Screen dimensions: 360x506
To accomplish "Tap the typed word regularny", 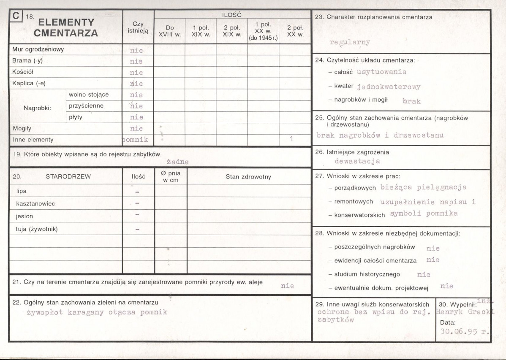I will coord(349,42).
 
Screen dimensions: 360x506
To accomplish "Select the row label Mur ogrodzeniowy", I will coord(38,49).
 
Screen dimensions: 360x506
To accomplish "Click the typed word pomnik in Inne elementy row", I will coord(135,139).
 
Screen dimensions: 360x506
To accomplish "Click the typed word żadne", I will coord(177,162).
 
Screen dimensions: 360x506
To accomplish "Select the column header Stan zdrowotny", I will coord(248,177).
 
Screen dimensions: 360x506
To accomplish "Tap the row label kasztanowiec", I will coord(35,203).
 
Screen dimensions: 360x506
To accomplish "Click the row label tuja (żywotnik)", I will coord(37,229).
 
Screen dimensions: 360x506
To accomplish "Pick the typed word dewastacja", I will coord(357,161).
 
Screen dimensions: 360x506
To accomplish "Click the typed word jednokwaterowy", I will coord(389,87).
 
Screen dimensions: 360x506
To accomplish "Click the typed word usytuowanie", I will coord(381,72).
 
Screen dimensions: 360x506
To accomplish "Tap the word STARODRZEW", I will coord(68,177).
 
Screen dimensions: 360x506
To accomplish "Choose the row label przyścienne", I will coord(86,106).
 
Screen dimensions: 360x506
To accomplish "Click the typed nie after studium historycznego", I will coord(423,275).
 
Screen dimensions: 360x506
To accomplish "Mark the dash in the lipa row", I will coord(137,192).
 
